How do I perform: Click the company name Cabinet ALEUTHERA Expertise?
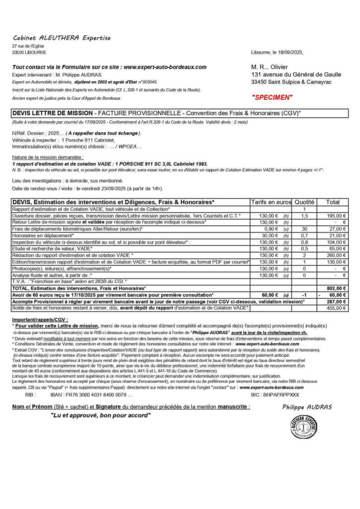click(61, 38)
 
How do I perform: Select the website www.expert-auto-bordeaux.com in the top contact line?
click(165, 67)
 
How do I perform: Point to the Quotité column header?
click(304, 202)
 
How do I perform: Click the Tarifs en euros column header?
click(271, 202)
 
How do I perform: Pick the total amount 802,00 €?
click(336, 288)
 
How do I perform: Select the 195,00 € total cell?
click(336, 216)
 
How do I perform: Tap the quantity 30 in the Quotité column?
click(304, 229)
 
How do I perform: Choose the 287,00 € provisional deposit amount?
click(336, 301)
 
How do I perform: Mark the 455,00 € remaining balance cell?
click(336, 308)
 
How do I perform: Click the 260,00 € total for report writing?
click(336, 255)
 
